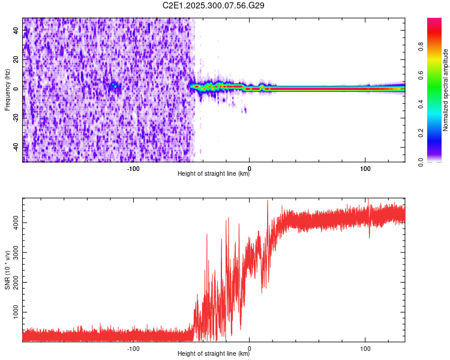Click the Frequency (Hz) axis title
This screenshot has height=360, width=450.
tap(7, 89)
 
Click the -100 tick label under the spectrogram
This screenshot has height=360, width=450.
tap(133, 168)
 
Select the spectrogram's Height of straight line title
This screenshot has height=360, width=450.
tap(214, 174)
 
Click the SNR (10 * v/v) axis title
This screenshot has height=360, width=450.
tap(7, 269)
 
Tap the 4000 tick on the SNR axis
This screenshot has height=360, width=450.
tap(13, 223)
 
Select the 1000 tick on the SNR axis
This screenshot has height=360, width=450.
tap(13, 313)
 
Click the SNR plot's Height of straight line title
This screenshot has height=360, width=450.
tap(214, 354)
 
